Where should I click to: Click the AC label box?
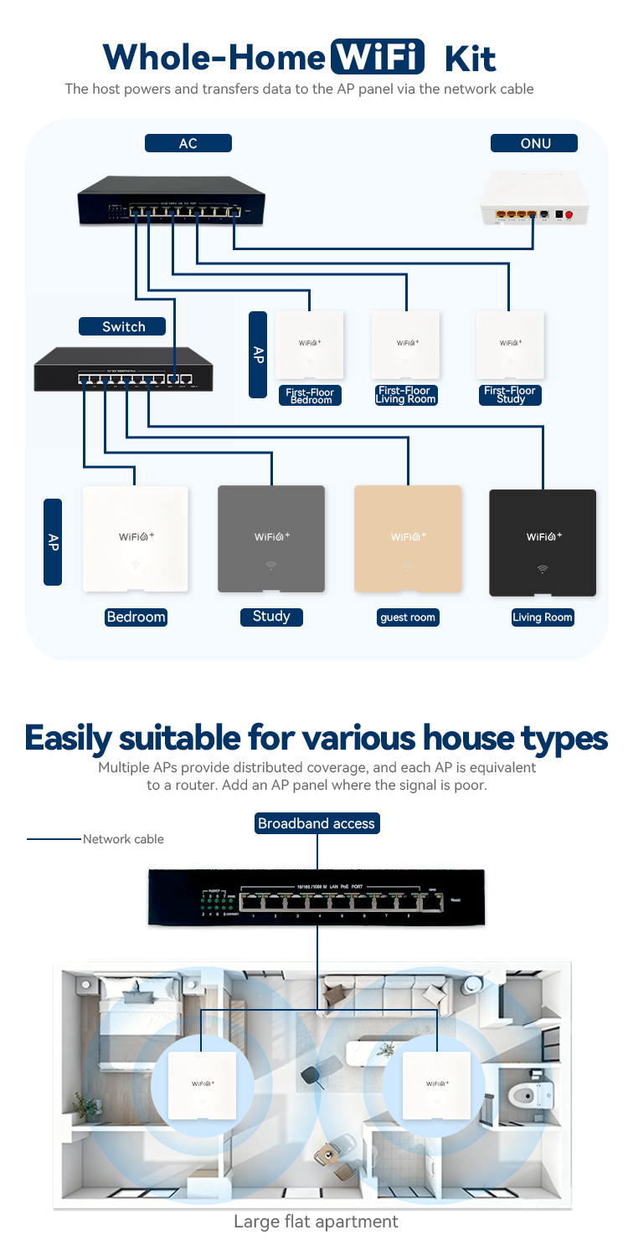pos(188,143)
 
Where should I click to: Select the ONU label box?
pos(534,143)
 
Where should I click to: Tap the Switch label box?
pos(122,326)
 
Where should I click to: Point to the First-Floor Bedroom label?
pos(311,396)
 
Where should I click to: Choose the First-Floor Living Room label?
pos(405,395)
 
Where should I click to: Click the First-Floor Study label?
pos(510,395)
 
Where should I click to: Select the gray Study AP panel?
pos(270,539)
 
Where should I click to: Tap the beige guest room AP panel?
pos(407,539)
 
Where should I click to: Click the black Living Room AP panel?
pos(542,542)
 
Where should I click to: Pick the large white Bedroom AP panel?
pos(136,539)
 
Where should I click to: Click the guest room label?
pos(407,617)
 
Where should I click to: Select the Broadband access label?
pos(317,823)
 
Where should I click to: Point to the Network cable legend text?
pos(123,839)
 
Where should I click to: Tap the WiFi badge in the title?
pos(378,57)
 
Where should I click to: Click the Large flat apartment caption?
pos(316,1222)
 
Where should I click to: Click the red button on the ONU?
pos(570,215)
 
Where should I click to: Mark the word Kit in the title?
pos(470,58)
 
